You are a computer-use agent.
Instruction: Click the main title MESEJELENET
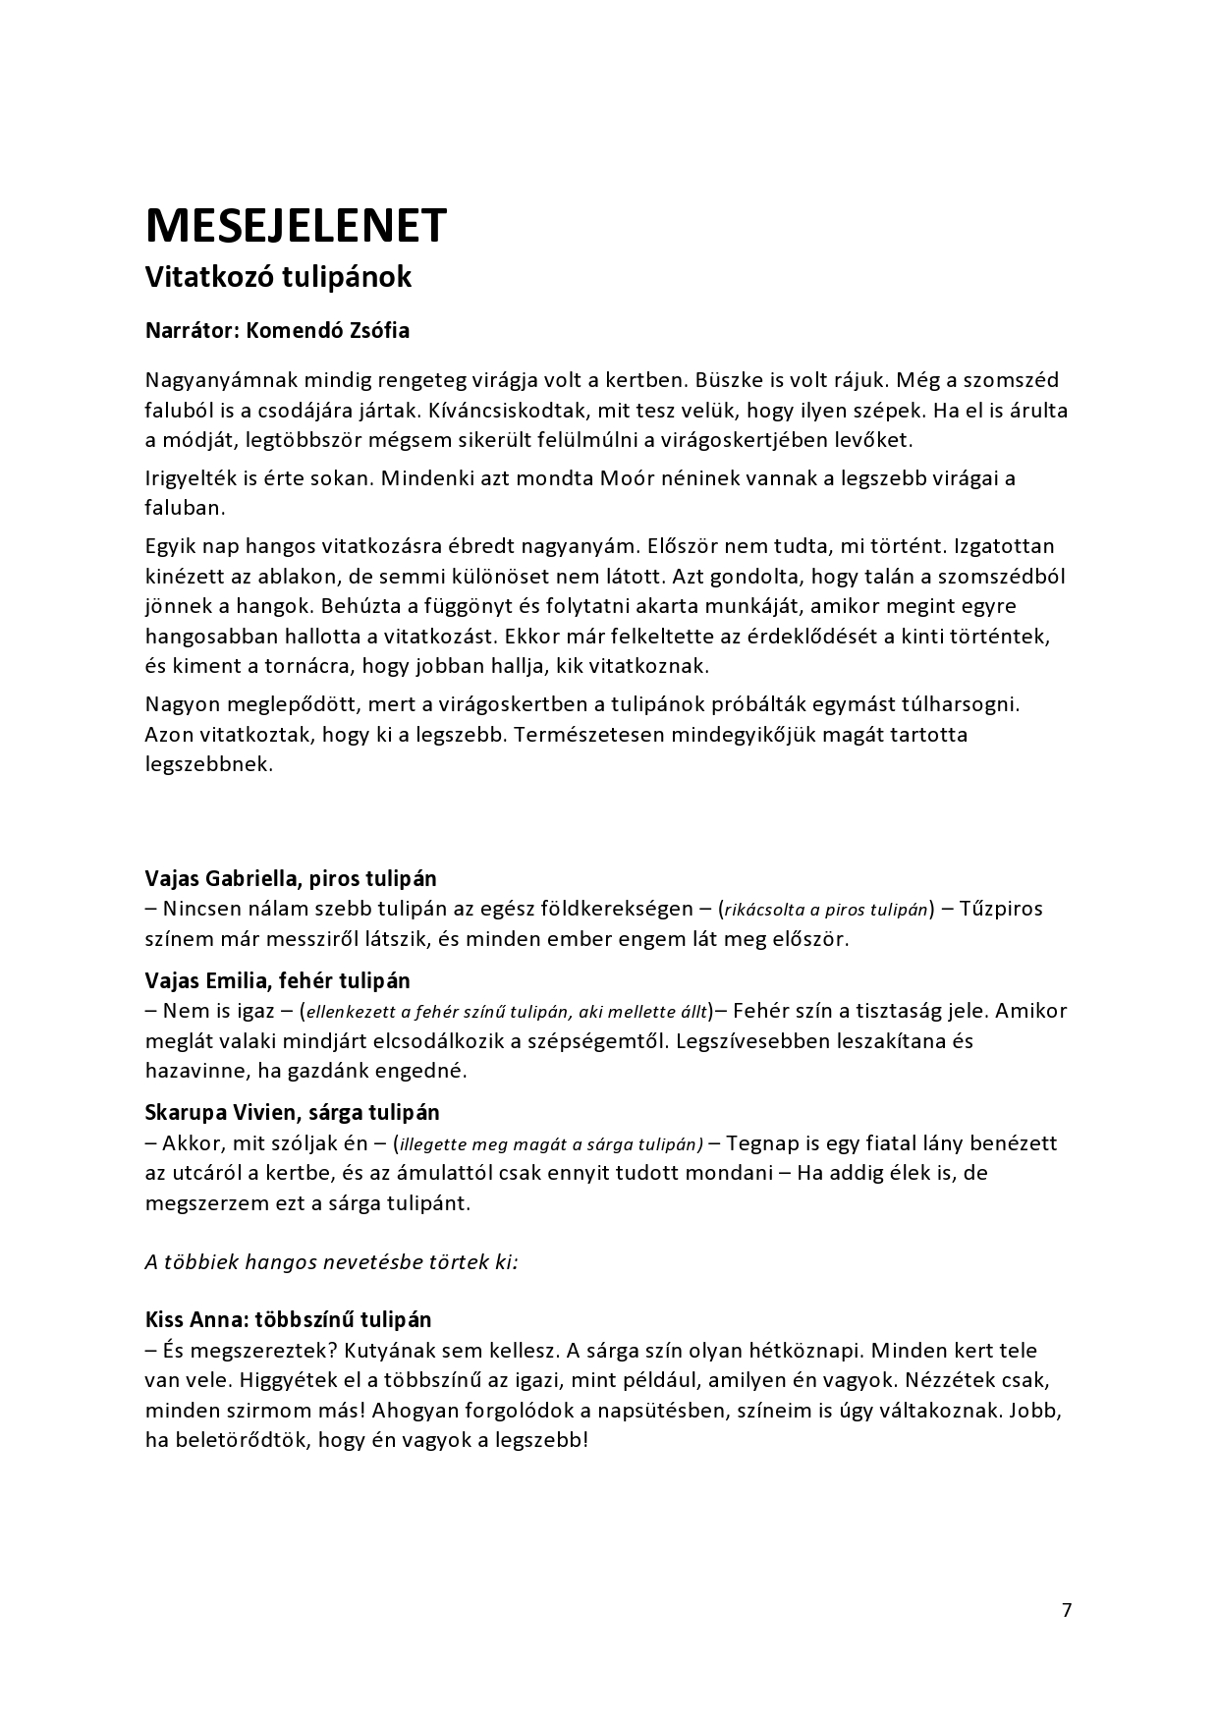click(x=296, y=225)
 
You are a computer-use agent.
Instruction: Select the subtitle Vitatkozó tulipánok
click(x=278, y=277)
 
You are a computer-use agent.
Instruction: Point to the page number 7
click(x=1067, y=1610)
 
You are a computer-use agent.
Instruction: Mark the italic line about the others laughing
click(x=332, y=1261)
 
